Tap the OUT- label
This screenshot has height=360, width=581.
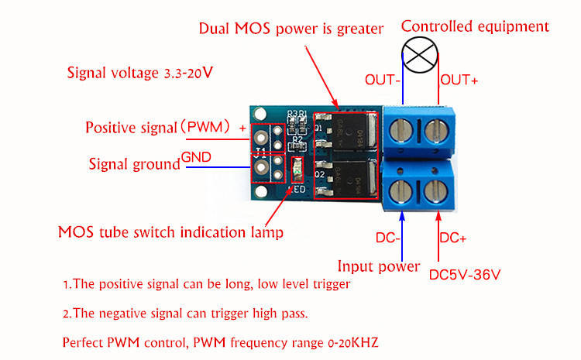383,80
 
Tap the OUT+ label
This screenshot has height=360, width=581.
459,80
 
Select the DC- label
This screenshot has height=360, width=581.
387,238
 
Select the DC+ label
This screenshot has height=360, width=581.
453,238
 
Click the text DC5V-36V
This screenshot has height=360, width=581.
465,274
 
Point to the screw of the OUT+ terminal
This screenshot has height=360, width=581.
435,130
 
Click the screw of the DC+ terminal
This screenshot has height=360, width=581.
435,188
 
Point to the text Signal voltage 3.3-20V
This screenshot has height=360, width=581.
140,74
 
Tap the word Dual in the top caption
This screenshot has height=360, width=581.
217,29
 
